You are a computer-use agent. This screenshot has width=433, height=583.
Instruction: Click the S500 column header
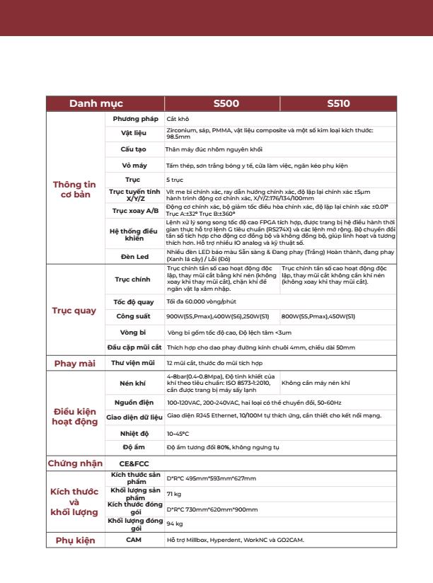pyautogui.click(x=226, y=103)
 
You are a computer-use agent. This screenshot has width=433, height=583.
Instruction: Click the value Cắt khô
pyautogui.click(x=177, y=118)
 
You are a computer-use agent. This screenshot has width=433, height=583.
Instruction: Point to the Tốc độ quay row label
pyautogui.click(x=134, y=301)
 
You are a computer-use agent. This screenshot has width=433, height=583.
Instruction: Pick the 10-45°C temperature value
pyautogui.click(x=178, y=432)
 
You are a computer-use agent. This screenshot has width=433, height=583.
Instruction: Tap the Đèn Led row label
pyautogui.click(x=134, y=256)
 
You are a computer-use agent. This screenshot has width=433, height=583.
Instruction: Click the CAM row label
pyautogui.click(x=134, y=541)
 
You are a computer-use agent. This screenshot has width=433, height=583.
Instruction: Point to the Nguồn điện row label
pyautogui.click(x=134, y=402)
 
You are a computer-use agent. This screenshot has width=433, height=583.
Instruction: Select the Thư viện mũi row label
pyautogui.click(x=134, y=362)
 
